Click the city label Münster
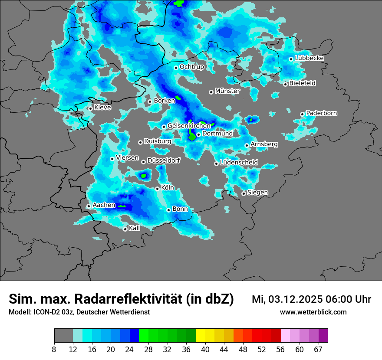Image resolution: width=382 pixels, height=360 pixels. (x=227, y=91)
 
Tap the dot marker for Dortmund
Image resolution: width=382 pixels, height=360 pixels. (x=198, y=134)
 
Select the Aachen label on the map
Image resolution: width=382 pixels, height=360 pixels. (x=104, y=205)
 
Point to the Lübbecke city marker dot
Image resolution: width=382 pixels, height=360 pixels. (x=291, y=59)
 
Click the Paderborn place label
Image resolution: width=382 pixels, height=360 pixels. (x=322, y=114)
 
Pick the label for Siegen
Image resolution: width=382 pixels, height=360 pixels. (x=257, y=193)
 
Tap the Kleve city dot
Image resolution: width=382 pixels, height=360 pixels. (x=90, y=108)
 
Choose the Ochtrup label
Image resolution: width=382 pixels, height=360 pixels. (x=192, y=67)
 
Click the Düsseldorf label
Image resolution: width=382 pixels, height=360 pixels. (x=164, y=160)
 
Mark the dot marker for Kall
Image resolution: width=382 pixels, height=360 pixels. (x=125, y=229)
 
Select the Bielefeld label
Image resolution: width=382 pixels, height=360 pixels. (x=303, y=83)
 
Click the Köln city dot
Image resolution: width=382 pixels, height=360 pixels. (x=157, y=189)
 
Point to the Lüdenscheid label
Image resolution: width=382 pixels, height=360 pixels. (x=239, y=163)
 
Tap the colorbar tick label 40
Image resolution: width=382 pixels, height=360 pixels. (x=205, y=350)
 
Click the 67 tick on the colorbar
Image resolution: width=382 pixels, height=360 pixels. (x=318, y=350)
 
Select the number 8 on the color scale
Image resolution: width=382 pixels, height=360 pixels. (x=54, y=350)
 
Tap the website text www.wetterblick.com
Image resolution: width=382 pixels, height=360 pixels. (x=313, y=312)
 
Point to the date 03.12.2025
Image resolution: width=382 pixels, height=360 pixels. (x=296, y=299)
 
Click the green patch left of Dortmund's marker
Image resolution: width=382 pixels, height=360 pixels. (x=191, y=137)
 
